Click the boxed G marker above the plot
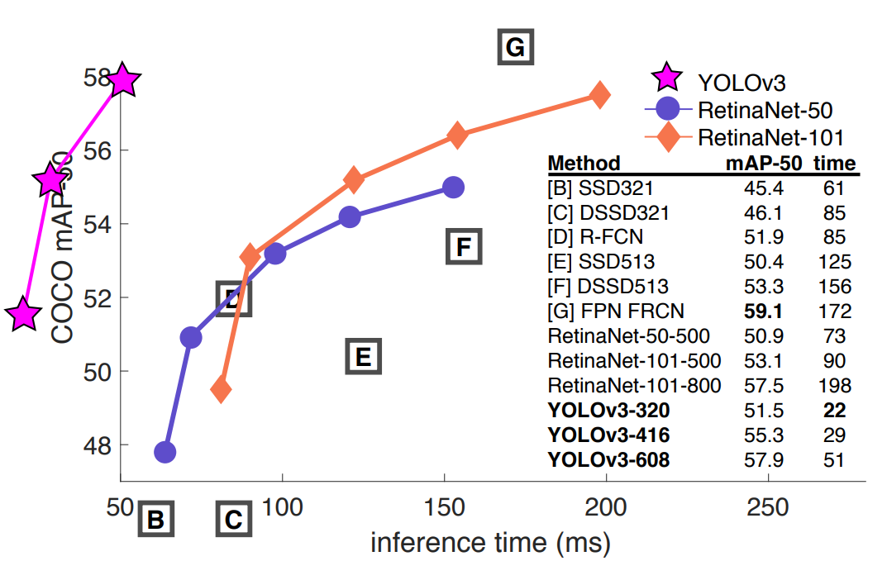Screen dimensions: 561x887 coord(515,47)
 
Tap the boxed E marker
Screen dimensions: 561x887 coord(361,357)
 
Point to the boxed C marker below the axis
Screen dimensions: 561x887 coord(234,520)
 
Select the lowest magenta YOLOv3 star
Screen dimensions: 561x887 coord(24,315)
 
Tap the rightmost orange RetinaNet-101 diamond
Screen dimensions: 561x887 coord(600,94)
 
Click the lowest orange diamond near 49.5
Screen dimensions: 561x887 coord(221,389)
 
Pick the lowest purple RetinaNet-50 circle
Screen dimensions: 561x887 coord(165,452)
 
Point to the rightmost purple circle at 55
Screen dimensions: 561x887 coord(452,187)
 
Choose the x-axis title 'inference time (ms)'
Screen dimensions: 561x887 coord(490,542)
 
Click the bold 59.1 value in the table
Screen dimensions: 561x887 coord(763,311)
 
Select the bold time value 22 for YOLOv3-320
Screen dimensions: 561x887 coord(834,409)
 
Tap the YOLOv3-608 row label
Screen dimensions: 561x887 coord(608,459)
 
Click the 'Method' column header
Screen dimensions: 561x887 coord(584,163)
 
